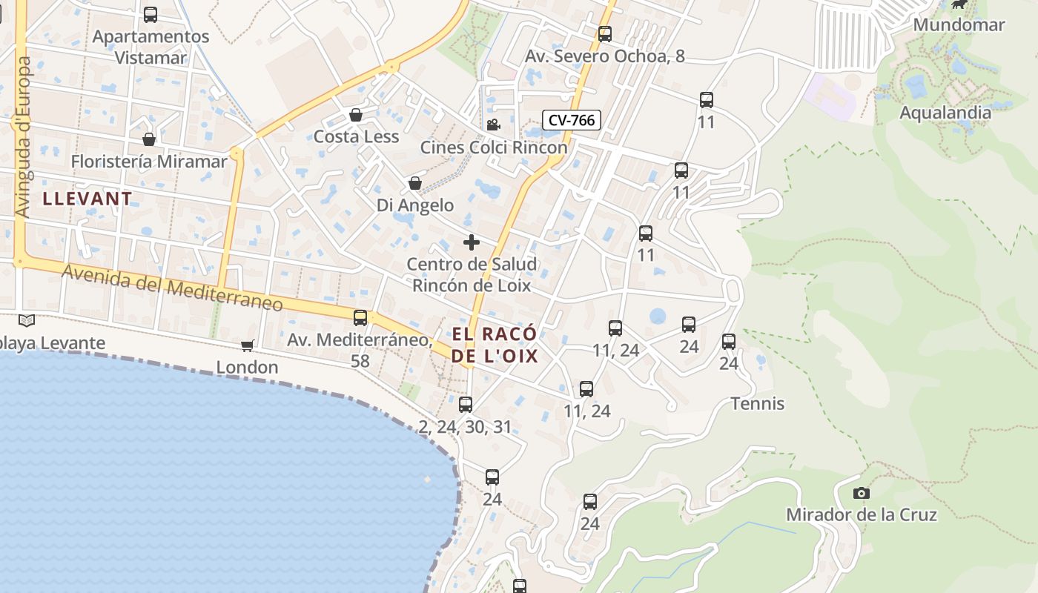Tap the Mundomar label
[x=959, y=24]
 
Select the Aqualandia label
[x=945, y=113]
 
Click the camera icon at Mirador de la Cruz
[x=861, y=493]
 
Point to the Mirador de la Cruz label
[x=861, y=514]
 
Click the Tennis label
[x=757, y=403]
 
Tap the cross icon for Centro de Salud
[x=471, y=242]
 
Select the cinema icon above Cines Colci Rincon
[x=493, y=125]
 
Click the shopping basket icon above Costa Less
[x=356, y=115]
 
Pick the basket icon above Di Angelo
[x=415, y=183]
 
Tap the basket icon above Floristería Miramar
[x=149, y=139]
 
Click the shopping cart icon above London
[x=247, y=345]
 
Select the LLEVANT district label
[x=87, y=199]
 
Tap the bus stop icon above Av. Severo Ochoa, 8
[x=604, y=33]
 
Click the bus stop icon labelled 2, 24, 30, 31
[x=465, y=405]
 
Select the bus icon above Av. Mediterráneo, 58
[x=360, y=318]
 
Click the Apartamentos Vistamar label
[x=151, y=47]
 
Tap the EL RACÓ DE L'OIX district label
[x=495, y=345]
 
